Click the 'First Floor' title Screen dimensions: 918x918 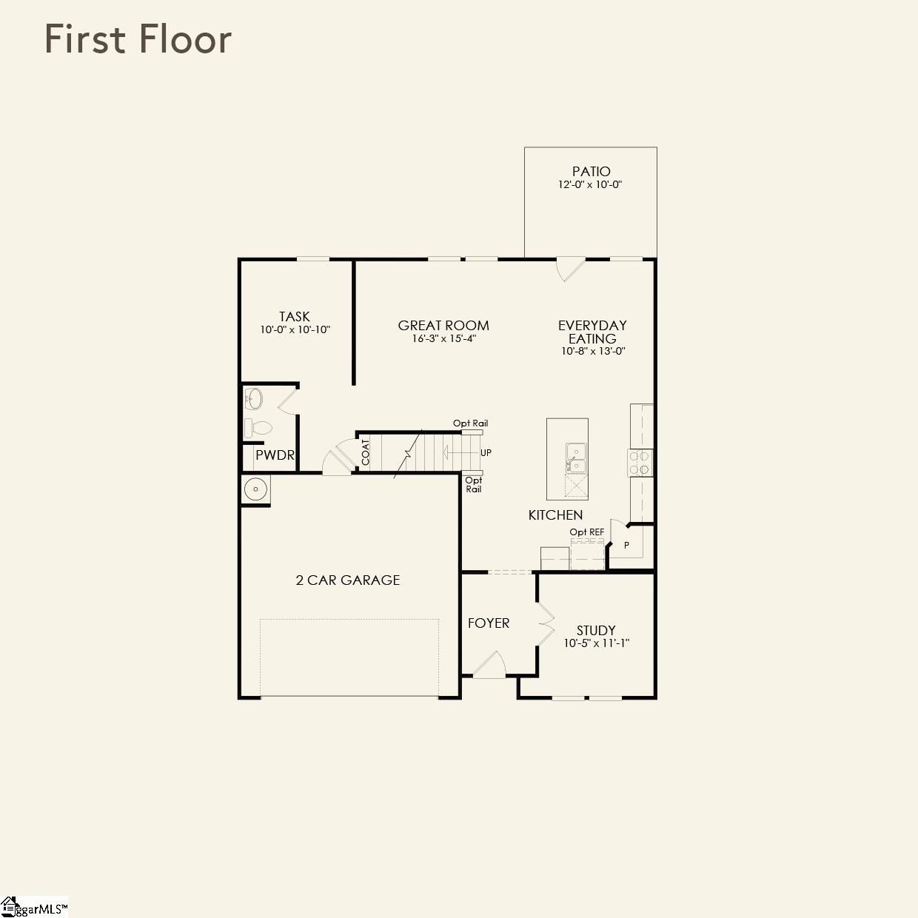[x=138, y=38]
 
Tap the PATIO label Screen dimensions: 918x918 [x=591, y=171]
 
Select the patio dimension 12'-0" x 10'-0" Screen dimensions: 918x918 [x=590, y=184]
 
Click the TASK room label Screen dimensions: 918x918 [x=295, y=316]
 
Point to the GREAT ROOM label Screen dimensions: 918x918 [x=443, y=325]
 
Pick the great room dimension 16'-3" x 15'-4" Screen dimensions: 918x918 [x=443, y=338]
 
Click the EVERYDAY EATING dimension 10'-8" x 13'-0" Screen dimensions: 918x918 [x=593, y=352]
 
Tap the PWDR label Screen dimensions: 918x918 [x=275, y=455]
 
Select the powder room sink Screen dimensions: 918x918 [x=253, y=399]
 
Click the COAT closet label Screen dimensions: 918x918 [x=366, y=452]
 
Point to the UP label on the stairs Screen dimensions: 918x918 [x=486, y=452]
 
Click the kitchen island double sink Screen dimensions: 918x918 [x=575, y=458]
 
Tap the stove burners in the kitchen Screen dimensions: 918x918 [x=640, y=463]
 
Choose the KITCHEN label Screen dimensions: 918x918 [x=555, y=515]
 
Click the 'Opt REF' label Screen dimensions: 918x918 [x=586, y=532]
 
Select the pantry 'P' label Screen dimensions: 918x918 [x=626, y=545]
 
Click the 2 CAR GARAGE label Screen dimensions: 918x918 [x=348, y=580]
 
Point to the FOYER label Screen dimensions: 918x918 [x=489, y=623]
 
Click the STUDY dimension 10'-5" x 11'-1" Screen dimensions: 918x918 [x=596, y=643]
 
